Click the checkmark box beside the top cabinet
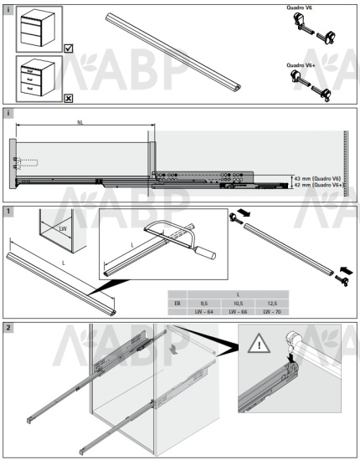coord(68,49)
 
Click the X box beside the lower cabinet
coord(68,97)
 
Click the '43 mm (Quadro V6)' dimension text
coord(317,179)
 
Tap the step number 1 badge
coord(8,212)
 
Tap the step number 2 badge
coord(8,326)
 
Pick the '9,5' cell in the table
coord(203,303)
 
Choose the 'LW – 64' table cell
coord(203,311)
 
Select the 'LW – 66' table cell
coord(237,311)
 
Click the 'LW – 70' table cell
coord(271,311)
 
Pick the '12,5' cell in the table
coord(271,303)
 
